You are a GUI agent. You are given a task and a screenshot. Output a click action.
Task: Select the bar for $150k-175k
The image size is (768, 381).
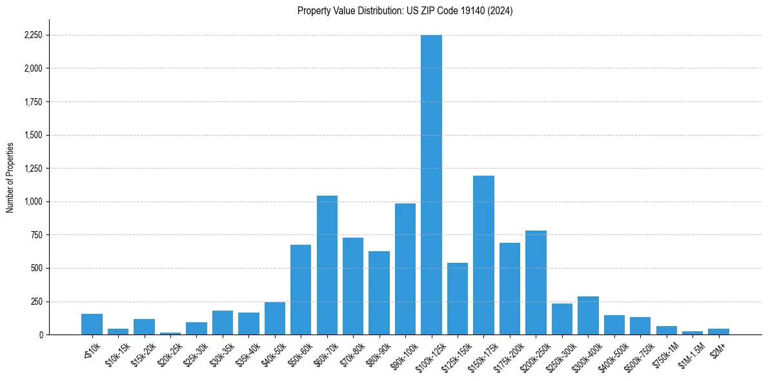(483, 255)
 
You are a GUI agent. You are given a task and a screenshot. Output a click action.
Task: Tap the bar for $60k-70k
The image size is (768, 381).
(327, 265)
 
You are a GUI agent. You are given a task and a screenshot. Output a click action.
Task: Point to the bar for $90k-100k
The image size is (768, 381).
(405, 269)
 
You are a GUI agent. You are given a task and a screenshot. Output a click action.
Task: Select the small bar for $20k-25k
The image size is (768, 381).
(170, 333)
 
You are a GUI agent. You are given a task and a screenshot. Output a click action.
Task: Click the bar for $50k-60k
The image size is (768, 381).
(301, 289)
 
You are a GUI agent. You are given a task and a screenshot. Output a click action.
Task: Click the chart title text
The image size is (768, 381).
(405, 11)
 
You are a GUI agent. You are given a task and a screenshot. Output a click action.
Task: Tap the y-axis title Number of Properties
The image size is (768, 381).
(10, 177)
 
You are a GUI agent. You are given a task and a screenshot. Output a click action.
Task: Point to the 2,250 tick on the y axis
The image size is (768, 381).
(33, 35)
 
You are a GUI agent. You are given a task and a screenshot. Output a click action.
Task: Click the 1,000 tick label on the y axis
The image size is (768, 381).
(33, 201)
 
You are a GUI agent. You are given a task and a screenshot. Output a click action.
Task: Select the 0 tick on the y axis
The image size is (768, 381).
(40, 335)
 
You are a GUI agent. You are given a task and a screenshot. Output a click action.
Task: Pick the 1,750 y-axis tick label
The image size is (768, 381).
(33, 102)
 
